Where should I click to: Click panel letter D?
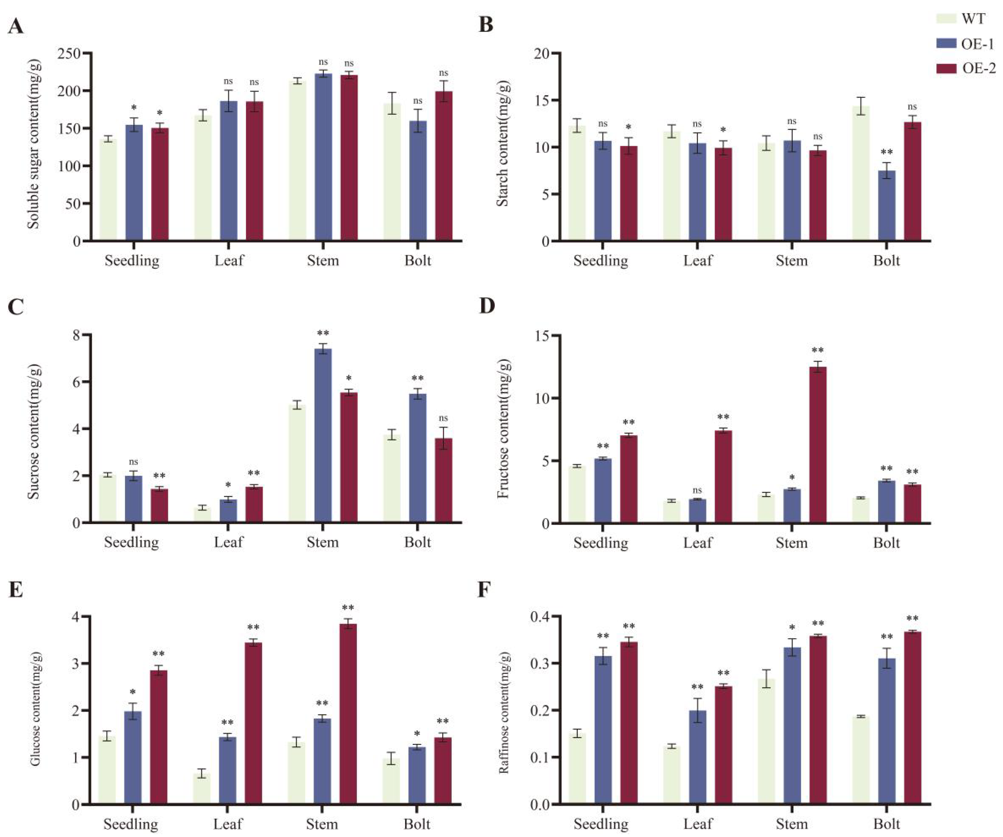[x=487, y=306]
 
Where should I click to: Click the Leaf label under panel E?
[x=228, y=824]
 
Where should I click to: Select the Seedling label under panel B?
[x=600, y=261]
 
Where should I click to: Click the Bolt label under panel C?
[x=417, y=542]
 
